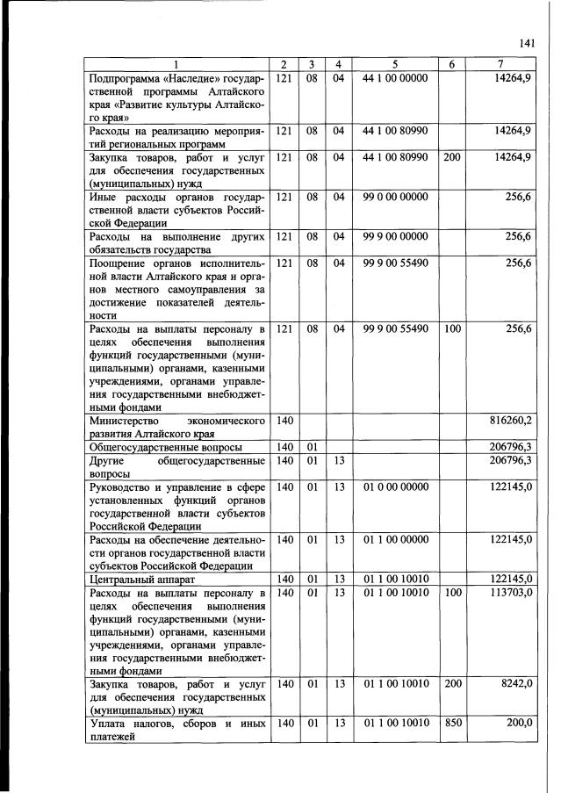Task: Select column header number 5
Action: [x=394, y=65]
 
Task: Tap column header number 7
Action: [x=500, y=65]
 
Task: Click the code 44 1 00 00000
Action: [x=394, y=78]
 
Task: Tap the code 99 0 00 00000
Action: [x=394, y=198]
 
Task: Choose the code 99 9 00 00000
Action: [x=394, y=237]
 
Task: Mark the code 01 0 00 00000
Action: [x=394, y=486]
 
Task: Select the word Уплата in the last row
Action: [x=110, y=723]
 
